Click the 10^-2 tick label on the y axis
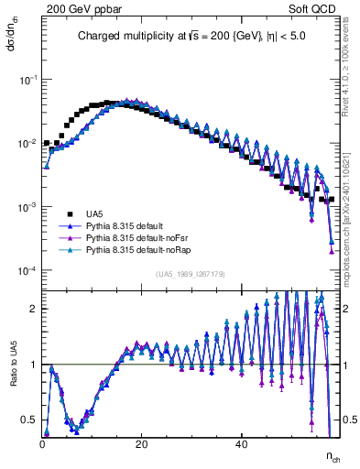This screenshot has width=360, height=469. [x=29, y=144]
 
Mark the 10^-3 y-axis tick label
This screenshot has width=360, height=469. [x=29, y=208]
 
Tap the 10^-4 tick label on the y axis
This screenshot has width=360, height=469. [x=29, y=271]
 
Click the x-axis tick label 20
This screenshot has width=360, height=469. [x=141, y=444]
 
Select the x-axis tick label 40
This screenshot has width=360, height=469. [x=240, y=444]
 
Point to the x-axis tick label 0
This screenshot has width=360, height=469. [x=42, y=444]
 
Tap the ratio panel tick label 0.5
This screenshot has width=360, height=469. [x=30, y=420]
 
